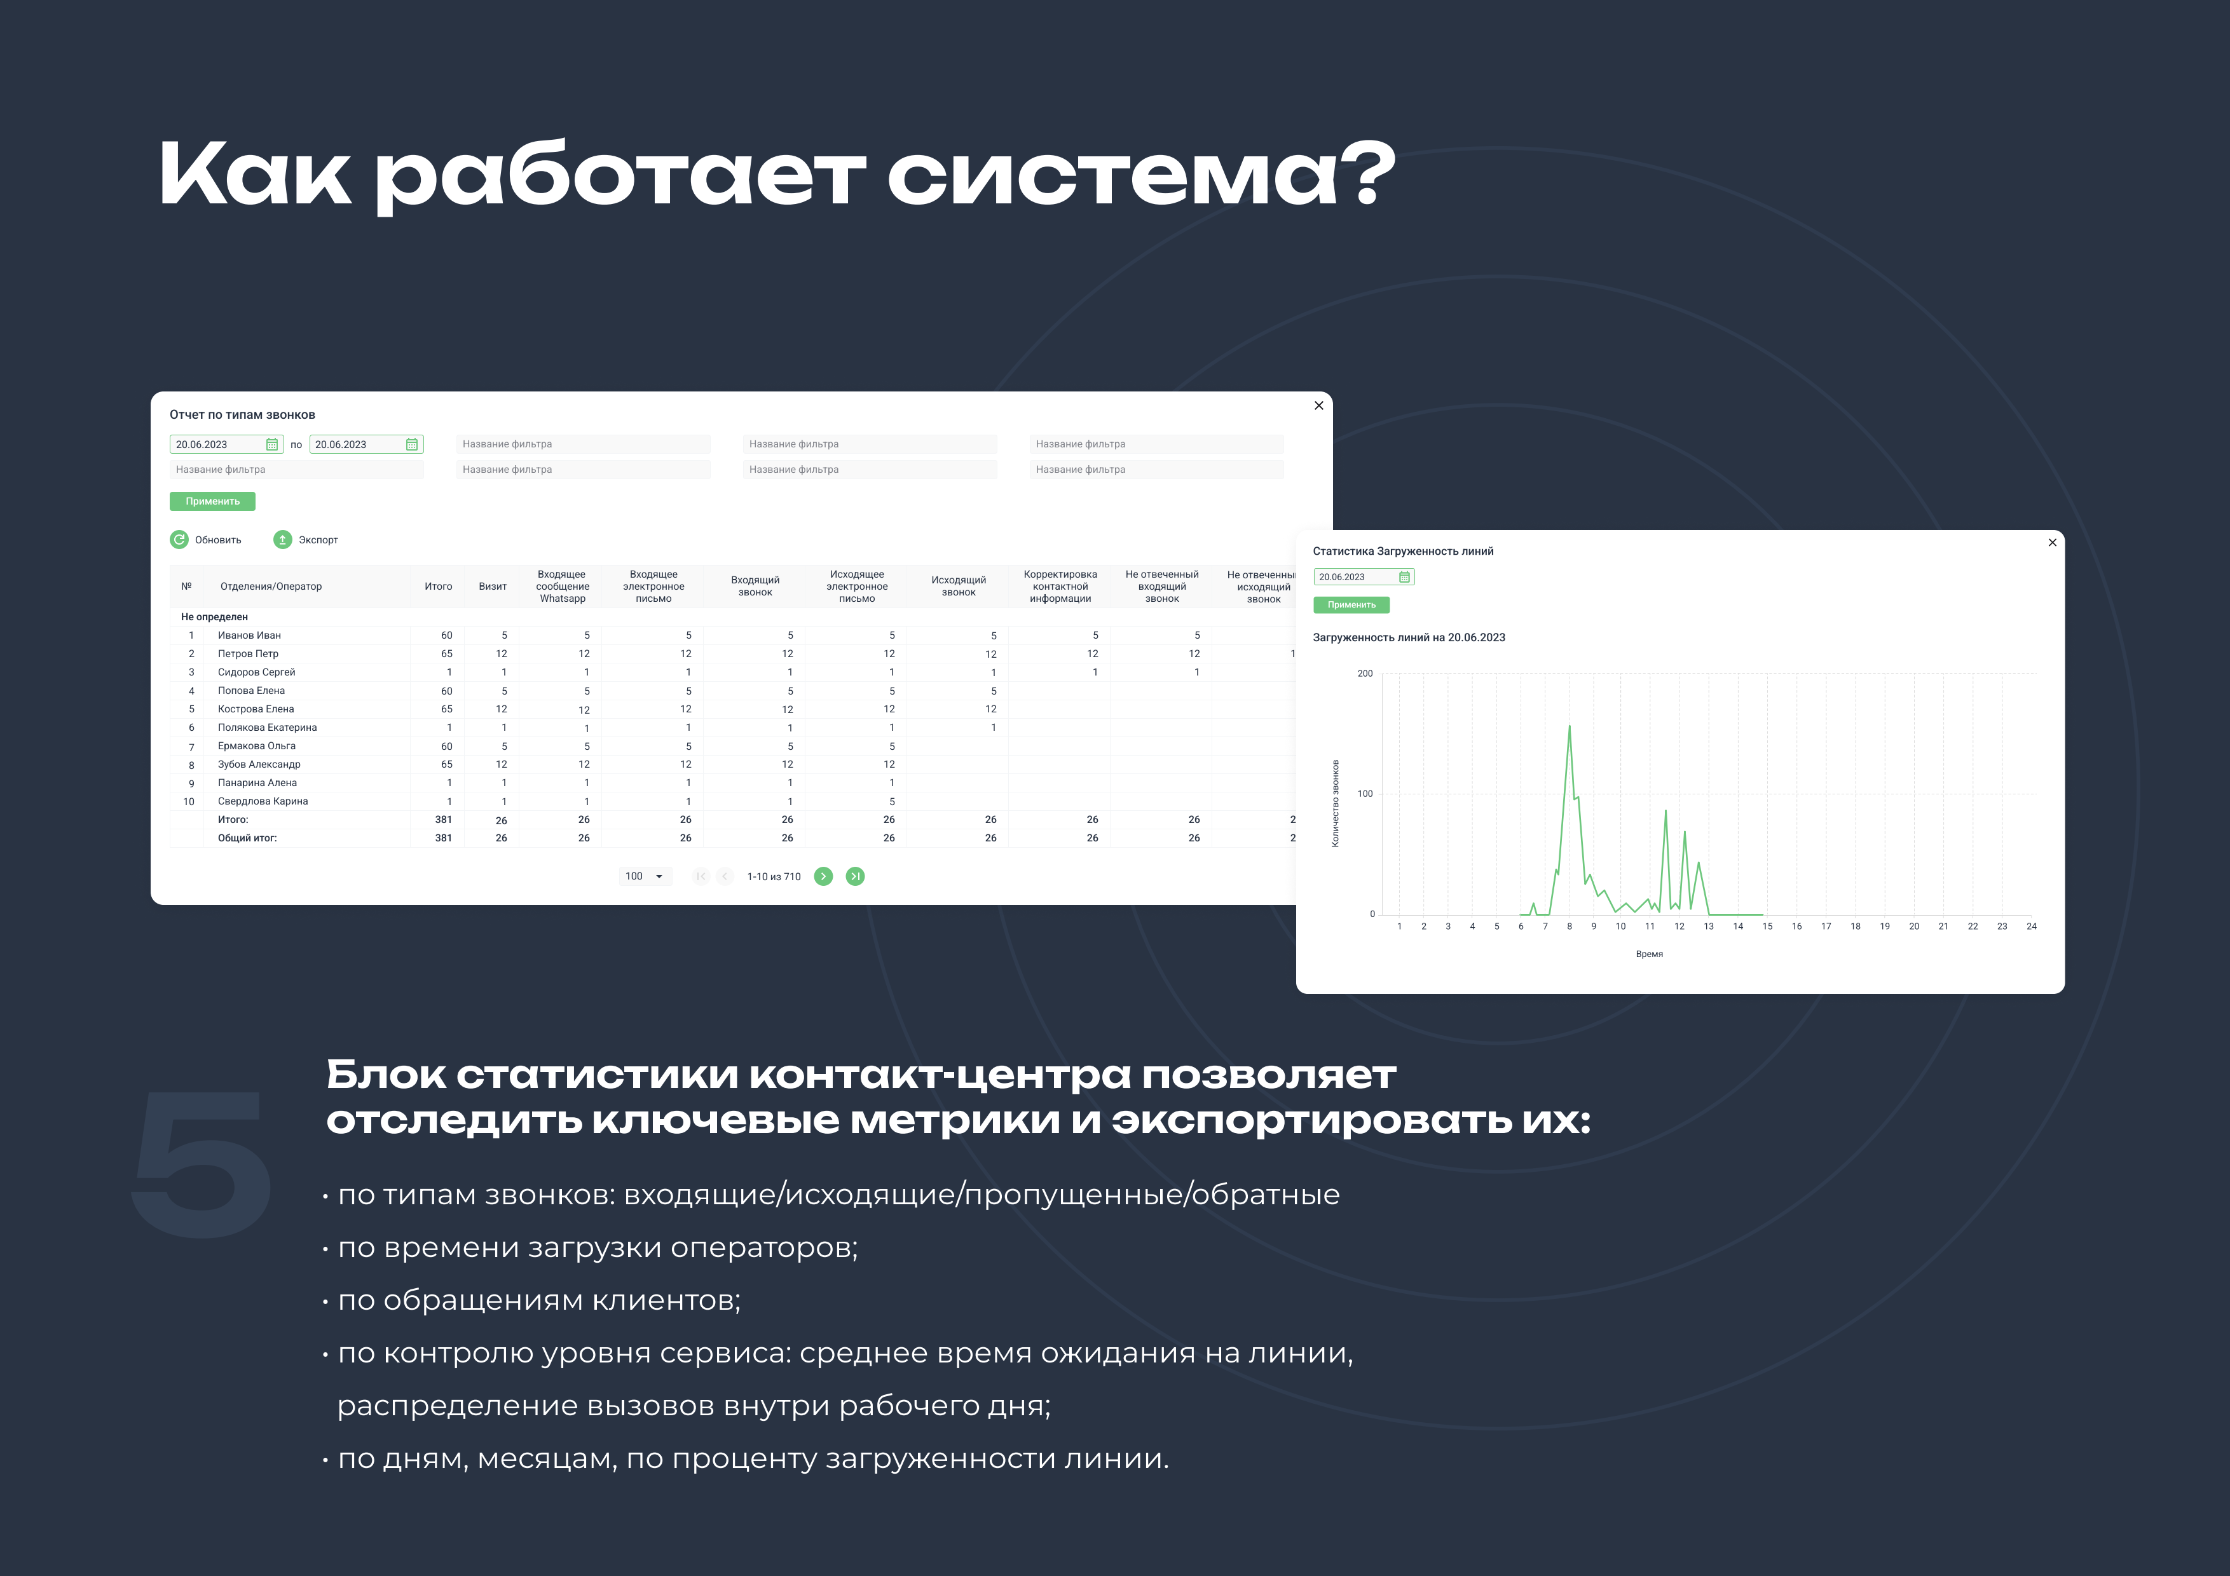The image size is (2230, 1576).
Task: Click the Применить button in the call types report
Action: [212, 501]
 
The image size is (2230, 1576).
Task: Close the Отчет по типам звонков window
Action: [1318, 406]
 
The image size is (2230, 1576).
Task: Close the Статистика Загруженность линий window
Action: [2052, 543]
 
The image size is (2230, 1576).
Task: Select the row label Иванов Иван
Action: [250, 635]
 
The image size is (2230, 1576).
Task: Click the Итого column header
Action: [438, 587]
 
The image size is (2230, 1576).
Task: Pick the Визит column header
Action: [493, 587]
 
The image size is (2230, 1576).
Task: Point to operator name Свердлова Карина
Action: [263, 801]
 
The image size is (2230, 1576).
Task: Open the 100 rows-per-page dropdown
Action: [645, 876]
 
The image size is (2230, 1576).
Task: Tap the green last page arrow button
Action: [855, 876]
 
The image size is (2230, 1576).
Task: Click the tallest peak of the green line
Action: [1570, 726]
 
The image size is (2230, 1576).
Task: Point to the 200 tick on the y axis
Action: [1365, 674]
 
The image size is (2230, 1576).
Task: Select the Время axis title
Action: [1649, 954]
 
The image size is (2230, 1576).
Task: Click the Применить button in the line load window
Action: [1351, 605]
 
